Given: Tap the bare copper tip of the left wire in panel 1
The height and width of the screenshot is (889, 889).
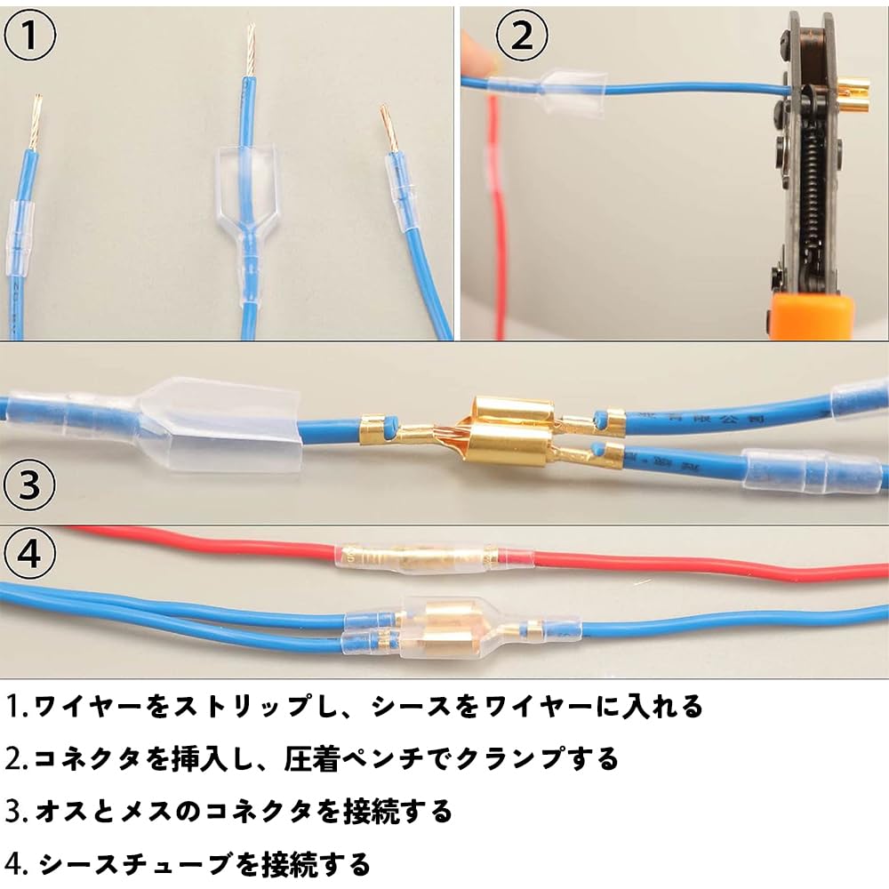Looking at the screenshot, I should click(37, 120).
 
